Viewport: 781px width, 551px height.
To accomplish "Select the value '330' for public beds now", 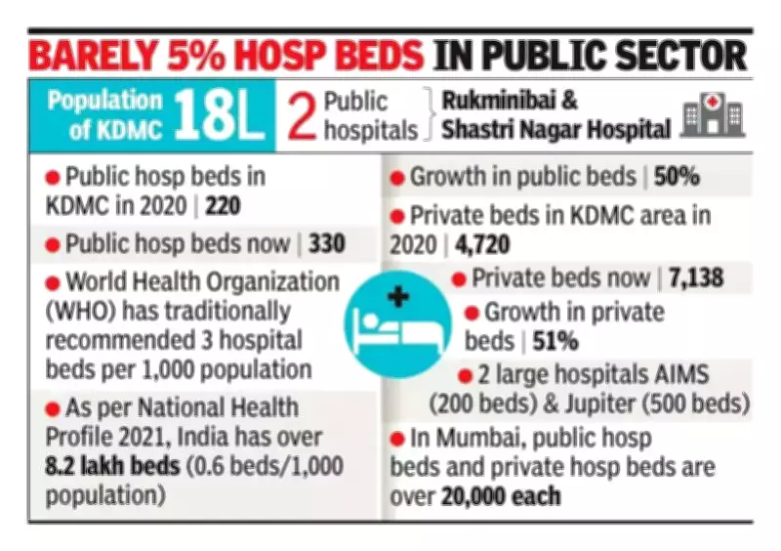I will (x=326, y=243).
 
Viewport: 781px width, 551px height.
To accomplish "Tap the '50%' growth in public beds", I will (x=677, y=178).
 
